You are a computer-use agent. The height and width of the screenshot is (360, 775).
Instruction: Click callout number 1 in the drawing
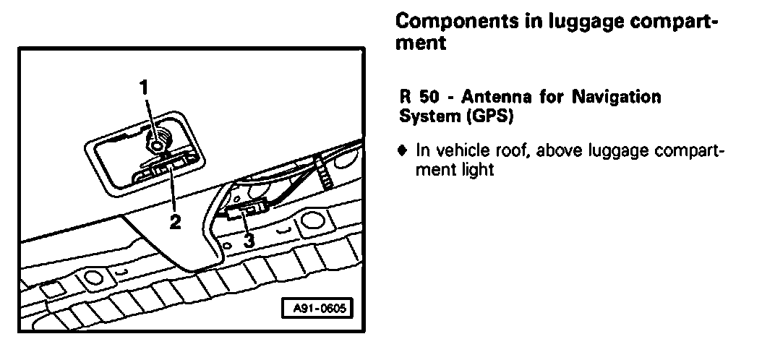pos(145,87)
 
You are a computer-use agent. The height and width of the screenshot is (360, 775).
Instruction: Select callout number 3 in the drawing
pos(248,241)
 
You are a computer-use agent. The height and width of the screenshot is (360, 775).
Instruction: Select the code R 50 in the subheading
pos(416,97)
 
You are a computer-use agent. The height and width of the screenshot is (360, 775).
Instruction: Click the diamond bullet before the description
pos(403,152)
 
